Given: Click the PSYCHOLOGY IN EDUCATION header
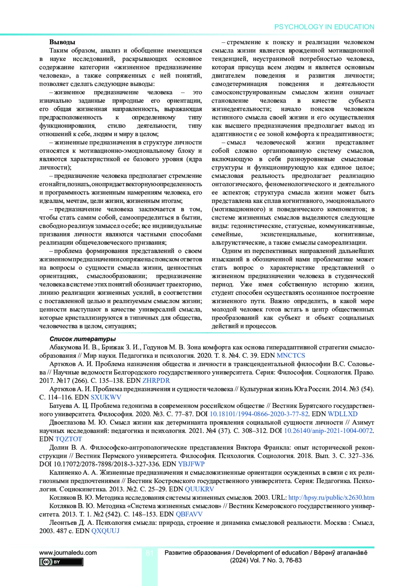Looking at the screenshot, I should click(x=324, y=27).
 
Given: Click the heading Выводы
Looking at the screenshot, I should click(x=62, y=42).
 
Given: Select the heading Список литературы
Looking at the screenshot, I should click(x=82, y=339).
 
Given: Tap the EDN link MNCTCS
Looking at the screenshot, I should click(x=291, y=356).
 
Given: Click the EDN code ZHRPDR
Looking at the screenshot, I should click(x=156, y=381).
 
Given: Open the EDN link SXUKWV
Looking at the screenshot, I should click(x=106, y=397).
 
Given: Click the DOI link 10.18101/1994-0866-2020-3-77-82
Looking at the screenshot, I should click(x=259, y=414).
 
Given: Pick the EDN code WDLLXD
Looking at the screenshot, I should click(x=343, y=414).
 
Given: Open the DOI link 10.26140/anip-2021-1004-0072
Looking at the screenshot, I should click(x=328, y=431).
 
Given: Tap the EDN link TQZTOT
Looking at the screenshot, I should click(x=69, y=439).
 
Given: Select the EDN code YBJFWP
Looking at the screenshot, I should click(x=191, y=464).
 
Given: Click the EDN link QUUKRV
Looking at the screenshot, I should click(x=199, y=489).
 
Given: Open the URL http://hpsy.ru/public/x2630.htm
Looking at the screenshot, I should click(x=331, y=498).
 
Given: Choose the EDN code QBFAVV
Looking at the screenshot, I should click(x=189, y=514).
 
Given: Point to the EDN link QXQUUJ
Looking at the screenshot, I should click(x=106, y=531).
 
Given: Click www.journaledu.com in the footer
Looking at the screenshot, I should click(x=68, y=553).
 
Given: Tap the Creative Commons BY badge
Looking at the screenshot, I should click(x=61, y=562).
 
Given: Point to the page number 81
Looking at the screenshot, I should click(x=149, y=553).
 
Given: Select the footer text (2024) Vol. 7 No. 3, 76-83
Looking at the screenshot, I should click(x=266, y=560).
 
